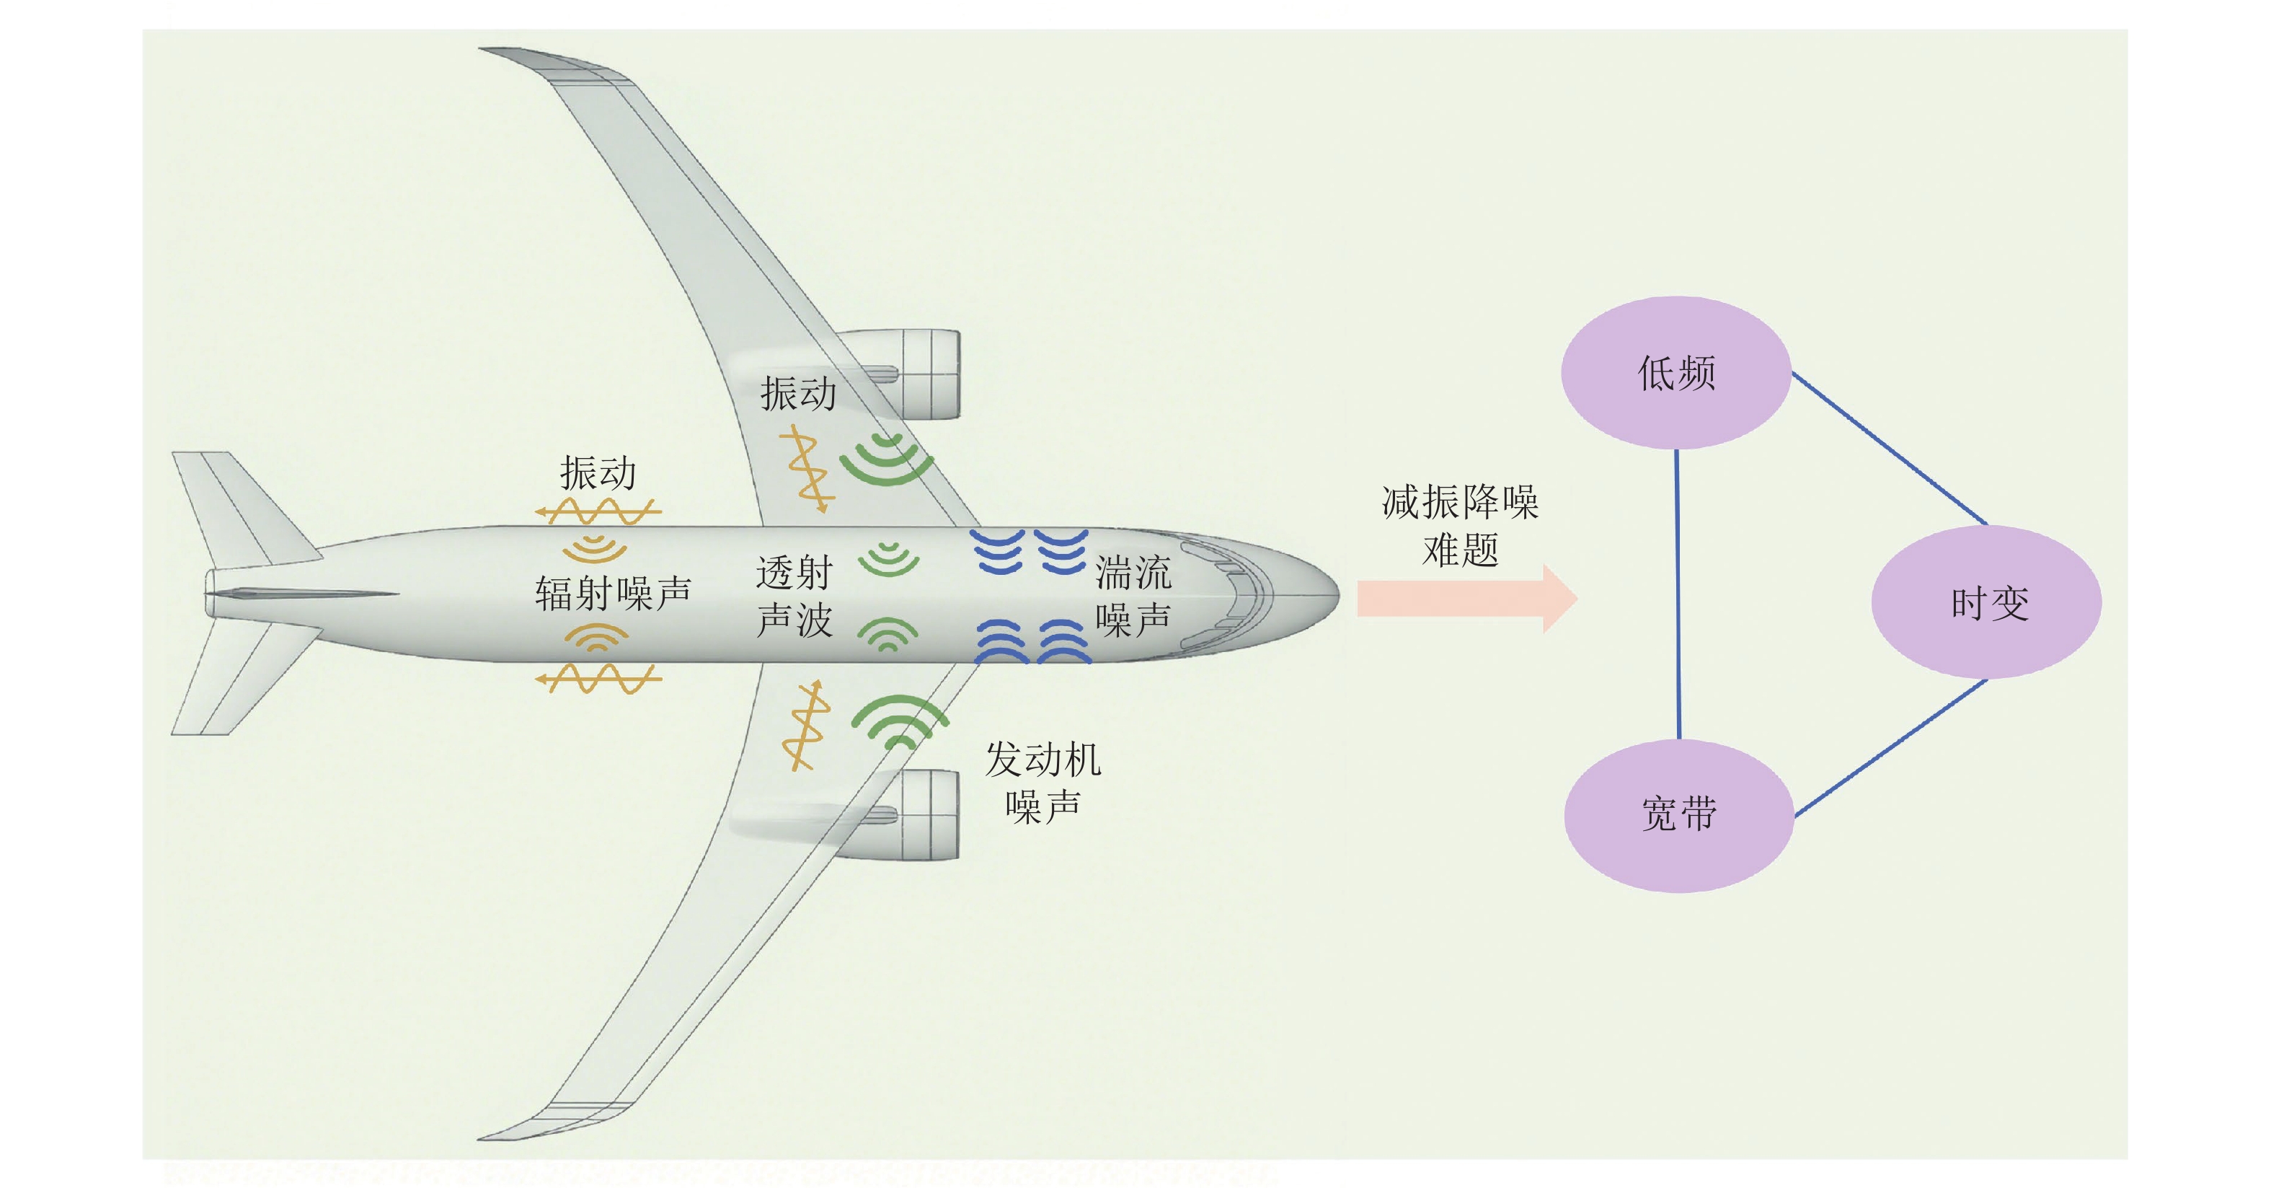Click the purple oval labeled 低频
coord(1675,372)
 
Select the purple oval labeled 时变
coord(1986,602)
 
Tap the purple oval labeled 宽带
coord(1678,815)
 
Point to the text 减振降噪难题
coord(1460,526)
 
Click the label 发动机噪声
coord(1043,781)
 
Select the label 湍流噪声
coord(1133,597)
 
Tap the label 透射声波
coord(794,597)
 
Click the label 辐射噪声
coord(613,594)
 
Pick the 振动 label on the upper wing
coord(798,393)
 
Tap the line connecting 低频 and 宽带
coord(1677,594)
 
